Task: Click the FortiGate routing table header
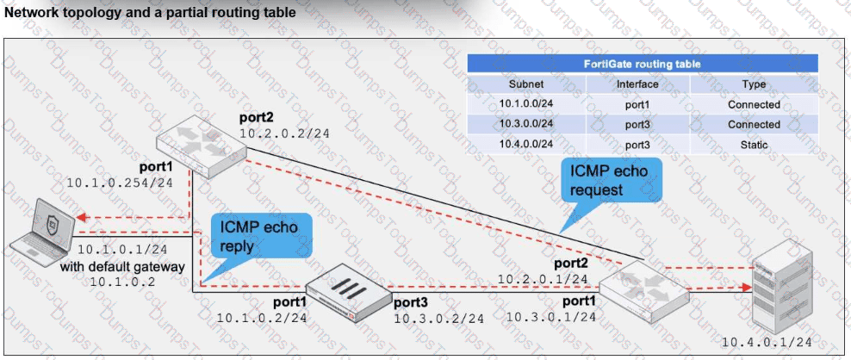pos(642,64)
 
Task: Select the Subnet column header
pos(526,84)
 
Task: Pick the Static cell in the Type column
pos(754,145)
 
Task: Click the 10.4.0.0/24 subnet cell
pos(526,145)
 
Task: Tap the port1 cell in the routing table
pos(637,104)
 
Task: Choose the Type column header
pos(754,84)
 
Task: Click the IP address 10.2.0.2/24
pos(284,133)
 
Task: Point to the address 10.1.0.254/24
pos(120,183)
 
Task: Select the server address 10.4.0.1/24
pos(767,342)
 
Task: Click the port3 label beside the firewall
pos(412,302)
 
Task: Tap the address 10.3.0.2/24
pos(439,319)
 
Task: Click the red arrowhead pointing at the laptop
pos(82,218)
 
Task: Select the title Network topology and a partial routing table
pos(150,13)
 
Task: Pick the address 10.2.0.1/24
pos(543,279)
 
